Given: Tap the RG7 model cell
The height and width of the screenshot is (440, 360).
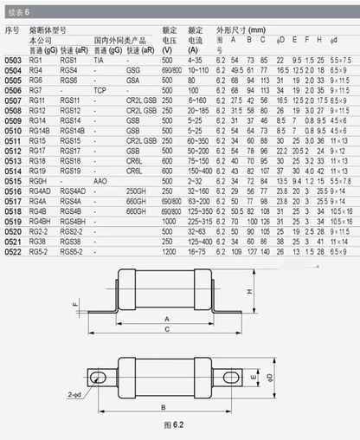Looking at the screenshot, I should pos(36,89).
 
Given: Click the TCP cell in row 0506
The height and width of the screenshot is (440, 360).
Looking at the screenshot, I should pos(100,89).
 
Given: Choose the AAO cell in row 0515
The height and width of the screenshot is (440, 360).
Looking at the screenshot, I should pos(100,179).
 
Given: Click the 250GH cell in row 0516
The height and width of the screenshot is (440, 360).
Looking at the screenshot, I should pos(136,190).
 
